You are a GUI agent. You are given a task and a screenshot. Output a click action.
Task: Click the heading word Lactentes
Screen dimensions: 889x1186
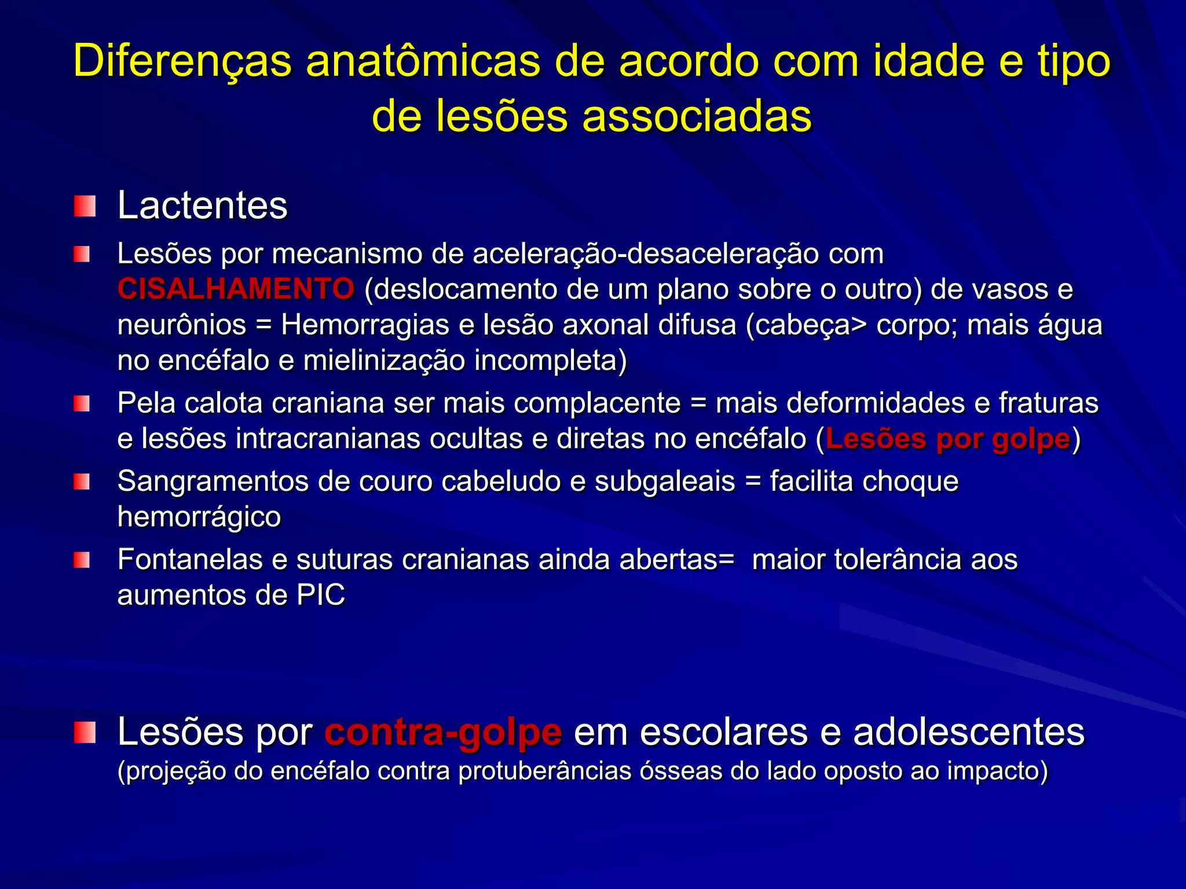click(x=202, y=205)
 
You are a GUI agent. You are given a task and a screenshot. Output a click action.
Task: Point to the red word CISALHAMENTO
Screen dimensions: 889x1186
click(x=236, y=289)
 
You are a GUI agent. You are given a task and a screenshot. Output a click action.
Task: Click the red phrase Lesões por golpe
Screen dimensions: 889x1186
click(x=948, y=439)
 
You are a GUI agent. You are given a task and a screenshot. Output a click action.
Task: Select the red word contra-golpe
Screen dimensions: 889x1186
click(x=443, y=732)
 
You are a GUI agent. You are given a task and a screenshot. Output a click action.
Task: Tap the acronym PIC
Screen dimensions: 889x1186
click(x=321, y=595)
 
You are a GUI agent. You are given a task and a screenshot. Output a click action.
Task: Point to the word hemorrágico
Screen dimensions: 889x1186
click(x=199, y=517)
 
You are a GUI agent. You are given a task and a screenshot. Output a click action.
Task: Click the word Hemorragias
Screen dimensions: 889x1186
click(x=365, y=325)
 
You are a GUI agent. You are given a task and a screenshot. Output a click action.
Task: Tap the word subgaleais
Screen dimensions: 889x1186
click(x=665, y=482)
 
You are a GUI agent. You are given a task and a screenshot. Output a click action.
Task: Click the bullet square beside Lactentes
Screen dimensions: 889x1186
click(x=85, y=206)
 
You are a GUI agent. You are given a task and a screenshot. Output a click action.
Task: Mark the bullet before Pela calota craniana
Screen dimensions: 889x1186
click(x=82, y=403)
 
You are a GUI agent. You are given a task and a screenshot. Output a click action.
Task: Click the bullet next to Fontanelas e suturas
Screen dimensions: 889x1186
click(x=82, y=560)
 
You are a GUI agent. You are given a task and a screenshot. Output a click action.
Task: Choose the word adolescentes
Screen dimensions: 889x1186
click(x=968, y=732)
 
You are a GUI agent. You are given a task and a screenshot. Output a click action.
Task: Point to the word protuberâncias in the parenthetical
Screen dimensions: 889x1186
click(x=545, y=771)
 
